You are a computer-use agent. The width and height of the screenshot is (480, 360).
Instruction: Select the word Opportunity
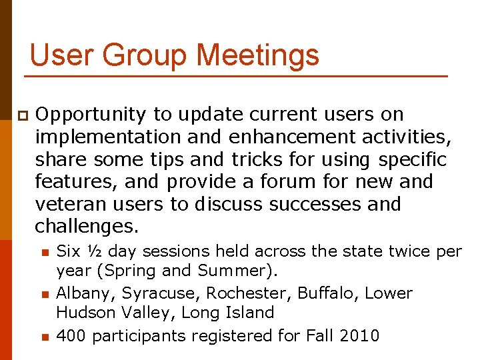[90, 115]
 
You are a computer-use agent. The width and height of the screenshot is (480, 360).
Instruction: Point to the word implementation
[108, 137]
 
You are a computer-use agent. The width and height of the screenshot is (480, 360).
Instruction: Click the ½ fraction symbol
[93, 251]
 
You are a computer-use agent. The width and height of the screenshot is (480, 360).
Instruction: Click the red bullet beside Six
[43, 252]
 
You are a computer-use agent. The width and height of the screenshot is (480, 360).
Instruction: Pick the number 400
[72, 335]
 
